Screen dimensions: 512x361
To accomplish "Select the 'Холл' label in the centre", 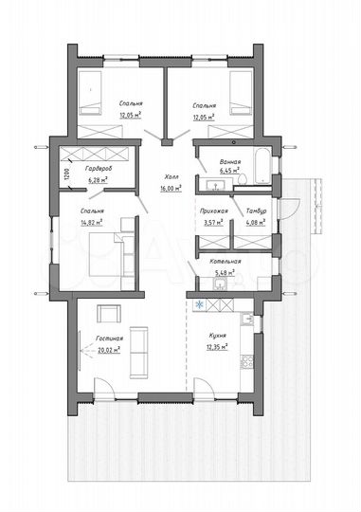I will [171, 176].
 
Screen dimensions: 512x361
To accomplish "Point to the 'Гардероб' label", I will [101, 167].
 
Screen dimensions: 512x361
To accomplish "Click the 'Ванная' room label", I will [228, 162].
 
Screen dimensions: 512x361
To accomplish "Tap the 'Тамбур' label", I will [256, 211].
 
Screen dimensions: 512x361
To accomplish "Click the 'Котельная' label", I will [226, 262].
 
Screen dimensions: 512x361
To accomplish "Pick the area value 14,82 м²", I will [92, 223].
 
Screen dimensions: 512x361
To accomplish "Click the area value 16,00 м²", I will [171, 189].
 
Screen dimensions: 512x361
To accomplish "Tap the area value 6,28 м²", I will [100, 178].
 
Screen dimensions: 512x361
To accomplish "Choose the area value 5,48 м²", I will [226, 273].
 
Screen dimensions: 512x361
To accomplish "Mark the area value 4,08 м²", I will [256, 223].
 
